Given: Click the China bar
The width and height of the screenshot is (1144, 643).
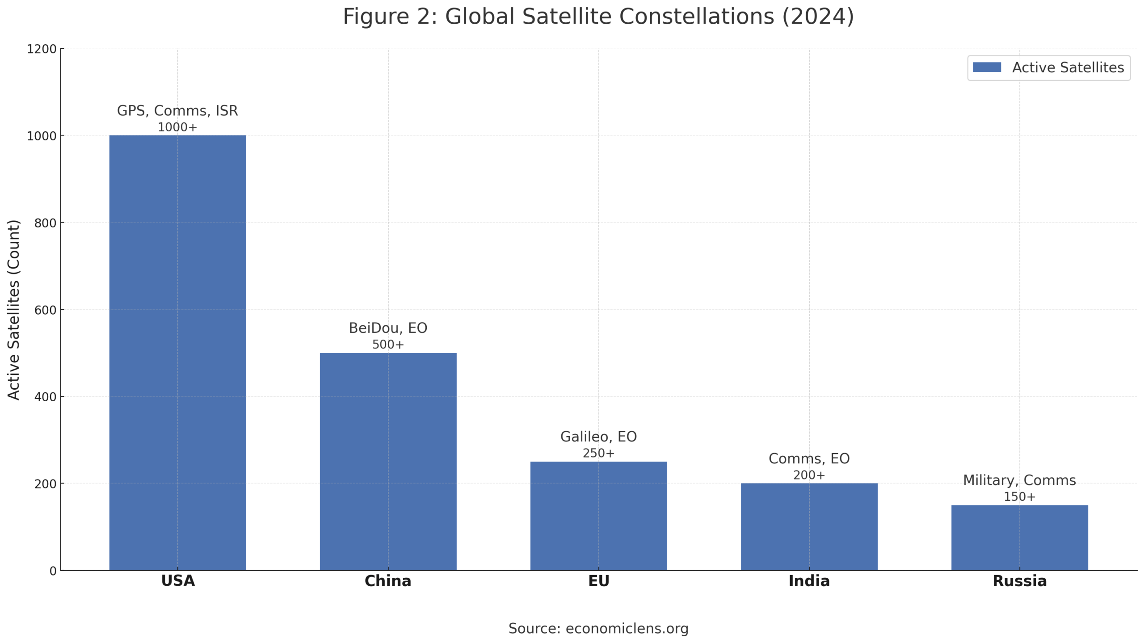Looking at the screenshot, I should coord(388,461).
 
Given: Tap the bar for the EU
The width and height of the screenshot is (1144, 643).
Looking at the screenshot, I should coord(598,516).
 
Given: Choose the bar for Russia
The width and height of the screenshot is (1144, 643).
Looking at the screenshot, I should coord(1019,538).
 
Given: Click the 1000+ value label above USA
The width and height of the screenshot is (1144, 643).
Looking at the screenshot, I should coord(177,127).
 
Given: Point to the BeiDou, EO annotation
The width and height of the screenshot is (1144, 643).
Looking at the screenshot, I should coord(388,328).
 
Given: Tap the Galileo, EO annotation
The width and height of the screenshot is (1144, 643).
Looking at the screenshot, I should coord(598,437).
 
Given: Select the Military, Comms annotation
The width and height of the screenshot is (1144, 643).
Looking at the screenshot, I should coord(1019,480).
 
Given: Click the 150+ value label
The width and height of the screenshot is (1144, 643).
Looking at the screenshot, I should coord(1019,497).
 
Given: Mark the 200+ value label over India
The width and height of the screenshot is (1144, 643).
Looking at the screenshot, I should coord(809,475).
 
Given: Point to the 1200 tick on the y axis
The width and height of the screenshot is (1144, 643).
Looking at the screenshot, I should coord(42,49).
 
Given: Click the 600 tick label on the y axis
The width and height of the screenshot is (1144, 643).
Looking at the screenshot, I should coord(46,310).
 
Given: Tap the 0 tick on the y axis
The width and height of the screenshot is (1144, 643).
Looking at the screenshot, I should coord(53,571).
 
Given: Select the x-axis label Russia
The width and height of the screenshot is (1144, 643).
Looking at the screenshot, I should coord(1019,581).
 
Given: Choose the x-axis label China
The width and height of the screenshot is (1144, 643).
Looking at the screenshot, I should coord(388,581).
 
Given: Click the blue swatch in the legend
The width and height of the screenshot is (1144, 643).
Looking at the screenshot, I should coord(987,67).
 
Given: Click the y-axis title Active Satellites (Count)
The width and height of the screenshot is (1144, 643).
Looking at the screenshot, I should coord(14,310).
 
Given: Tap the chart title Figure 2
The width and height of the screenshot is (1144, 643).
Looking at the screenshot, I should coord(598,17).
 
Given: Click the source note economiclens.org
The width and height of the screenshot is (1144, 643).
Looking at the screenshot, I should coord(598,629).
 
